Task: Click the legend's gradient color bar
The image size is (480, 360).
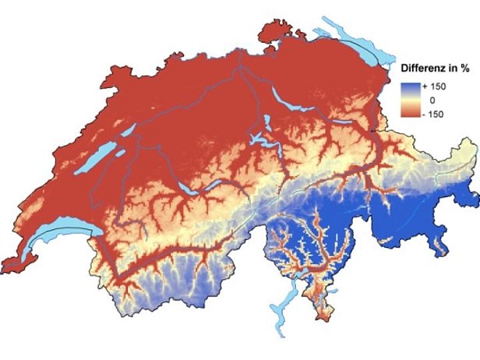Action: [x=413, y=101]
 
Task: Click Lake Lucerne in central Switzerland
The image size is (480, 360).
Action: [x=261, y=140]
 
